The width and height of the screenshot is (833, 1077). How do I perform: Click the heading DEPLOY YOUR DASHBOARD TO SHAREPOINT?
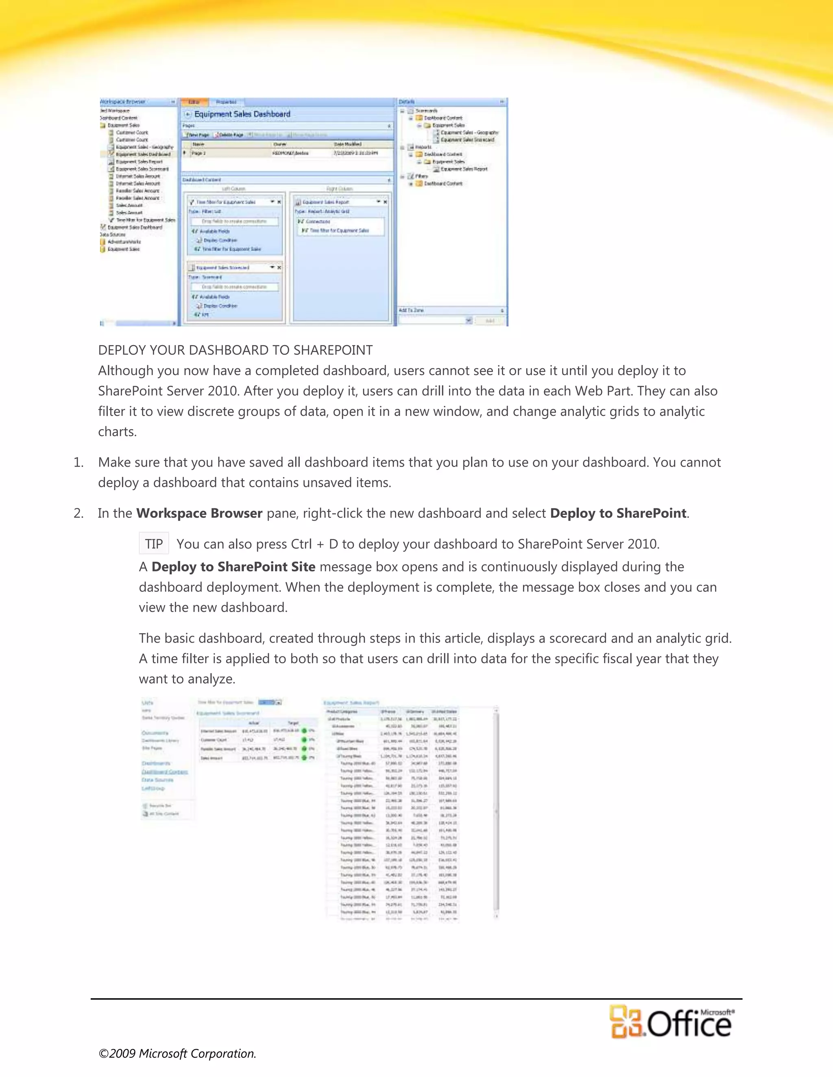pos(236,350)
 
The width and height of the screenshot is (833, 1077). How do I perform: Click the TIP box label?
pos(153,544)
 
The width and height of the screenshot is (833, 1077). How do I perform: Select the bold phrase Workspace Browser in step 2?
pos(199,513)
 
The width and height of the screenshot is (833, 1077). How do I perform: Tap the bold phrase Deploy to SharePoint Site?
pos(233,567)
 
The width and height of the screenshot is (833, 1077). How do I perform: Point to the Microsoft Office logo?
pos(671,1022)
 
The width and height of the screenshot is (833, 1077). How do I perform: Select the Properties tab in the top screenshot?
pos(227,102)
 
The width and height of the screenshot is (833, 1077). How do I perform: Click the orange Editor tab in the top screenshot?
pos(194,102)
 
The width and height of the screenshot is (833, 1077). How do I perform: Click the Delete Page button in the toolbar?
pos(229,135)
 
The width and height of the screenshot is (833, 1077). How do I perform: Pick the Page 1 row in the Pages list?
pos(198,153)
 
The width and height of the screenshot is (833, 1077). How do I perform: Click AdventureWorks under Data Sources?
pos(124,242)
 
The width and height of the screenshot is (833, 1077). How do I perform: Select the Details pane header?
pos(407,102)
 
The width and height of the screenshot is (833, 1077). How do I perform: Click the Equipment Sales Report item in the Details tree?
pos(463,169)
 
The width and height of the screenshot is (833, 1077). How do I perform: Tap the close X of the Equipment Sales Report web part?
pos(386,202)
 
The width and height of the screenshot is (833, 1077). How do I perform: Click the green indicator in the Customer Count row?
pos(305,740)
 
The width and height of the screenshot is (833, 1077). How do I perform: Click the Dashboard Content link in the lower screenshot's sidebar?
pos(164,772)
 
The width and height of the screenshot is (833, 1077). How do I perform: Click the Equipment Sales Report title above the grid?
pos(351,703)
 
